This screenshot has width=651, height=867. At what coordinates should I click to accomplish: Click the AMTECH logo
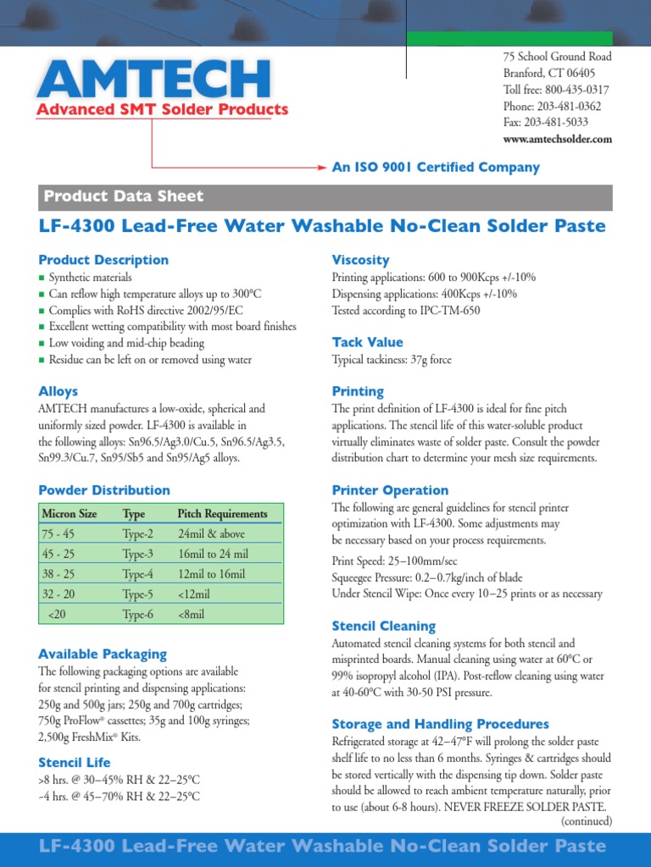point(153,78)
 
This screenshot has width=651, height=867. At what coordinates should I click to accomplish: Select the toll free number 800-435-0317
point(556,90)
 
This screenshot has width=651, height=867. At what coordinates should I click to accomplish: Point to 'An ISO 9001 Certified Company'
point(436,168)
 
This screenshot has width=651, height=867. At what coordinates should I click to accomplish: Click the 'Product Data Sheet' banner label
point(124,196)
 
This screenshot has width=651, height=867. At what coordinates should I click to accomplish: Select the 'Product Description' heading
point(103,260)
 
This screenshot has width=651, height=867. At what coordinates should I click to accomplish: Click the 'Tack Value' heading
point(367,342)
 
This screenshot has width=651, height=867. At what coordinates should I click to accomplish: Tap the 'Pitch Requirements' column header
point(222,514)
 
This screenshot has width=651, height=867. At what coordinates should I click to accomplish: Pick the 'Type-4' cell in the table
point(137,574)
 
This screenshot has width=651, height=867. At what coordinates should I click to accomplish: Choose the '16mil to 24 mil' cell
point(213,555)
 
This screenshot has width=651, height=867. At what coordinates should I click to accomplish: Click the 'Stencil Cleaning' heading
point(383,627)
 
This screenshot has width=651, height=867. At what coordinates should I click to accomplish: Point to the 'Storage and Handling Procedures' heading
point(440,725)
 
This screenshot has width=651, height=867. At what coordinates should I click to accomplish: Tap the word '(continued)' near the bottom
point(586,821)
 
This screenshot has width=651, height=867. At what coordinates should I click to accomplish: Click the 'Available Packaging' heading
point(103,654)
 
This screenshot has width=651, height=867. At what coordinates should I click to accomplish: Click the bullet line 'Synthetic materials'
point(90,278)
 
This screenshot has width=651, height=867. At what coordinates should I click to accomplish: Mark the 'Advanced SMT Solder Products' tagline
point(162,109)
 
